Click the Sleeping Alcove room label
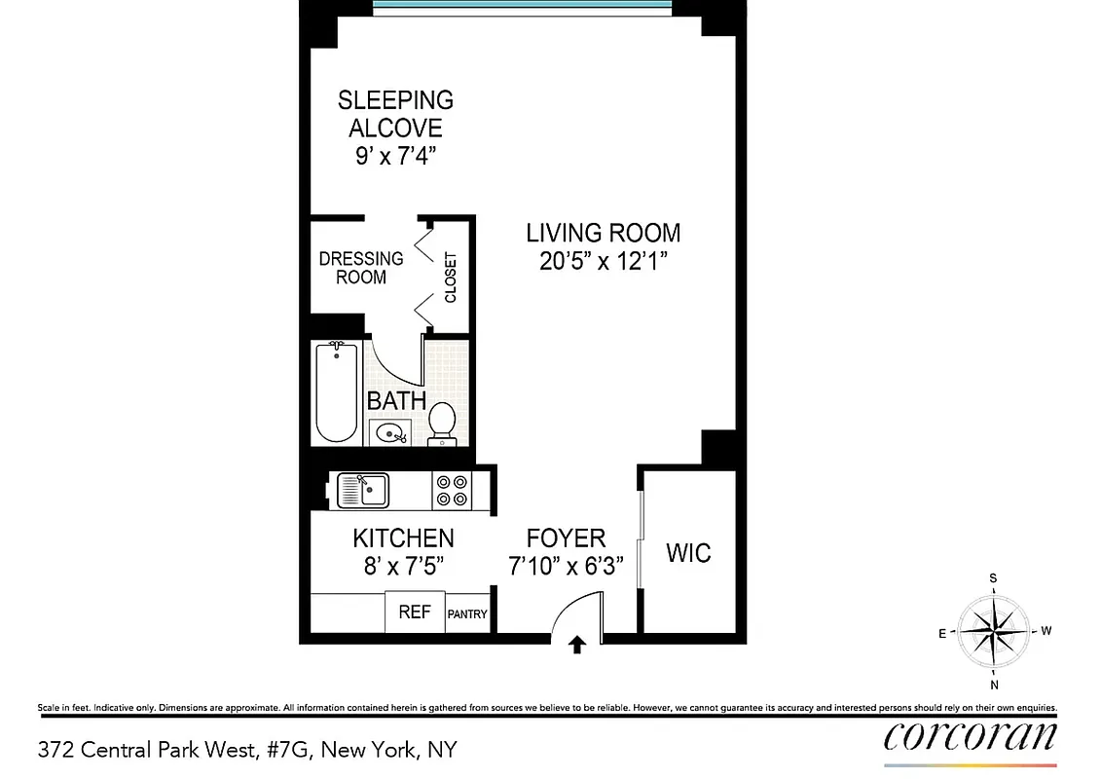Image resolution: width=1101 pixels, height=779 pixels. (x=395, y=114)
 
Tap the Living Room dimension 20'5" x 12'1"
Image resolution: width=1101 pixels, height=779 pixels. (x=603, y=261)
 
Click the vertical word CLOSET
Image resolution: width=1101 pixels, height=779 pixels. (x=451, y=278)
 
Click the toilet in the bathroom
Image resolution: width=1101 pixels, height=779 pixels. (x=442, y=423)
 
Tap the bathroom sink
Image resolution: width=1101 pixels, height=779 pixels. (x=391, y=433)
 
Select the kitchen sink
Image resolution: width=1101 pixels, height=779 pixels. (x=363, y=489)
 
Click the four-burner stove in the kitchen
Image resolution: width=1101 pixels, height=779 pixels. (x=450, y=490)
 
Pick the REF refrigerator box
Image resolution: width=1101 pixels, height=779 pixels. (x=415, y=613)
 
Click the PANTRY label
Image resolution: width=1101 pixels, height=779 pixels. (x=467, y=614)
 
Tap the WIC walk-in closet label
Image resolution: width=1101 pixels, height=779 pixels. (x=688, y=553)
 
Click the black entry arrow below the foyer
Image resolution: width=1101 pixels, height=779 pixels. (x=577, y=645)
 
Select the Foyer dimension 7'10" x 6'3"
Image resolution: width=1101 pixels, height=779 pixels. (x=566, y=566)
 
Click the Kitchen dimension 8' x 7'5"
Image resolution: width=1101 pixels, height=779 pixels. (x=403, y=566)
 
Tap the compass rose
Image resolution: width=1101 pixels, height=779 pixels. (x=992, y=630)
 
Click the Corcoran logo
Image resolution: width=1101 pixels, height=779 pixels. (x=970, y=737)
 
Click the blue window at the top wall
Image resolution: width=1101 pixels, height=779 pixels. (x=522, y=5)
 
